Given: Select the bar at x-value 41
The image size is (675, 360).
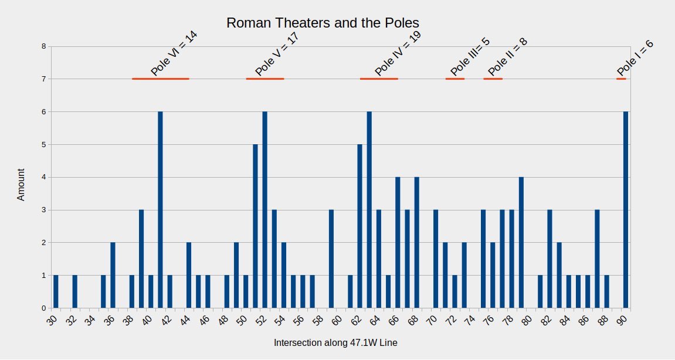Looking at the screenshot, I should click(160, 209).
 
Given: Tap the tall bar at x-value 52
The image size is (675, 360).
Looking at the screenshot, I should click(265, 209).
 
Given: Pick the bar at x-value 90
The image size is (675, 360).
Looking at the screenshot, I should click(626, 209).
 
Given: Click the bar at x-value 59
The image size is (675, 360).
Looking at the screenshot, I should click(331, 259).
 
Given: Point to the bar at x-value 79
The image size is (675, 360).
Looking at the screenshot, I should click(521, 242).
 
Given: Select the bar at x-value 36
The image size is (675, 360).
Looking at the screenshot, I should click(113, 275).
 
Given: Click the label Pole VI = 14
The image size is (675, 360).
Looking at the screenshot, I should click(174, 53).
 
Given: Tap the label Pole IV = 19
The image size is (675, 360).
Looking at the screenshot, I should click(398, 53).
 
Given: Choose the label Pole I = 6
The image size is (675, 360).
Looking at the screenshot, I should click(635, 59).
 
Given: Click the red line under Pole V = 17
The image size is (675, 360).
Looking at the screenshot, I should click(265, 79).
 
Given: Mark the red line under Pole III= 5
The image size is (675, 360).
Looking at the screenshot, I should click(455, 79).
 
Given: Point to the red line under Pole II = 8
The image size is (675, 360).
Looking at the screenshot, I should click(493, 79).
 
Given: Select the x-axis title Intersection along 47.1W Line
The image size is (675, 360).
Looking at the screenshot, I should click(335, 342).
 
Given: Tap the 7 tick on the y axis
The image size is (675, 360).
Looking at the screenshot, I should click(43, 79).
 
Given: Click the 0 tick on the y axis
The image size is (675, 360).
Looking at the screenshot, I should click(43, 308).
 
